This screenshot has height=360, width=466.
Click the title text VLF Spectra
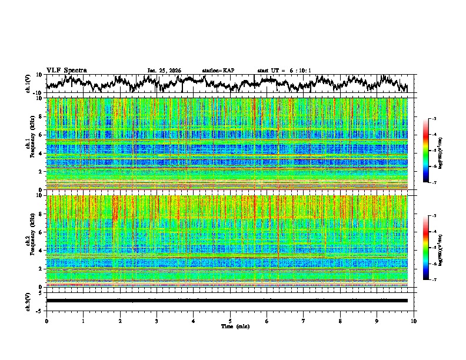coord(66,70)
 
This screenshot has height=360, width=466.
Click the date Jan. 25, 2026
coord(164,71)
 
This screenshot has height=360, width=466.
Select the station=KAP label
coord(218,71)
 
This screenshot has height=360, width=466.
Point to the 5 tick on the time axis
coord(230,321)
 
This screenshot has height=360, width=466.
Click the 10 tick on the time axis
coord(414,321)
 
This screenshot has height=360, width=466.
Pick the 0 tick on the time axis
coord(46,321)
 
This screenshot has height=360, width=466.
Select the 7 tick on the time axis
coord(304,321)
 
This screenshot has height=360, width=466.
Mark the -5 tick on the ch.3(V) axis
coord(41,310)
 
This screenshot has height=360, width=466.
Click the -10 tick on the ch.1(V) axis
coord(39,93)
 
